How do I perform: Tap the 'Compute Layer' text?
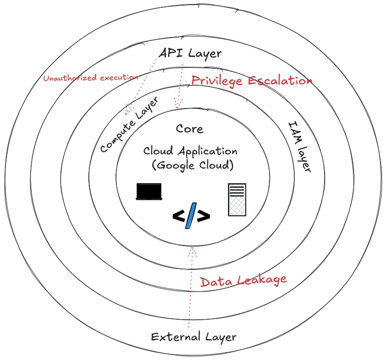point(129,124)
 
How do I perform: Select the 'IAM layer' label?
point(299,147)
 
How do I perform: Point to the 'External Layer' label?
point(194,337)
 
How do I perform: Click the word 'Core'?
point(190,129)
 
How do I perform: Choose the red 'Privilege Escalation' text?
point(252,81)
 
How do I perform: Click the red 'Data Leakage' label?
point(243,281)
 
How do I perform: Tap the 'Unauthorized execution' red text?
point(91,78)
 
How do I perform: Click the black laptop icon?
point(149,191)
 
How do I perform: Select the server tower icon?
point(237,200)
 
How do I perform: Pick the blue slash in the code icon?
point(191,215)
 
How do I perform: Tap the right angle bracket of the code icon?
point(204,216)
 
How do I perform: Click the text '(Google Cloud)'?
point(193,165)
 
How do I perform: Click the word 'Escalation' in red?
point(280,80)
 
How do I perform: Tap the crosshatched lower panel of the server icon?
point(237,206)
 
